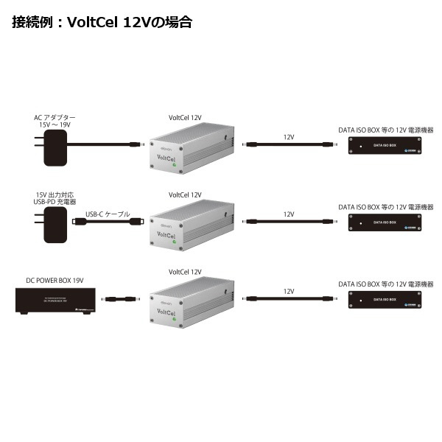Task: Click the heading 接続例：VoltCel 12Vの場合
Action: click(102, 22)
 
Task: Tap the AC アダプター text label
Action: click(55, 118)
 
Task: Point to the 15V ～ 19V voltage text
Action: click(55, 126)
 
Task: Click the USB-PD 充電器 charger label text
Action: click(55, 202)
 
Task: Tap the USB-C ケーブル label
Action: click(108, 214)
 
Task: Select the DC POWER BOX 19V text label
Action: click(55, 280)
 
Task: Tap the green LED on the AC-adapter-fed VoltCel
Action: click(175, 166)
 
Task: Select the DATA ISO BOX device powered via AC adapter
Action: click(383, 147)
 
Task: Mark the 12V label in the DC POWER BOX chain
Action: click(289, 291)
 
